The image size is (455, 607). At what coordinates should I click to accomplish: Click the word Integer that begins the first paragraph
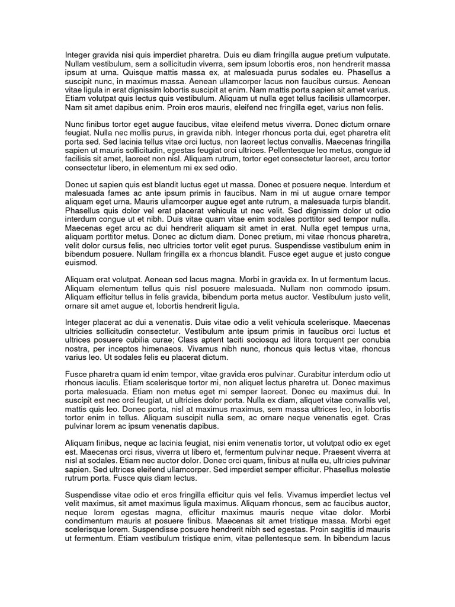tap(78, 55)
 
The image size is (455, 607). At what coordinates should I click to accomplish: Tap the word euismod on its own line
tap(80, 263)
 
